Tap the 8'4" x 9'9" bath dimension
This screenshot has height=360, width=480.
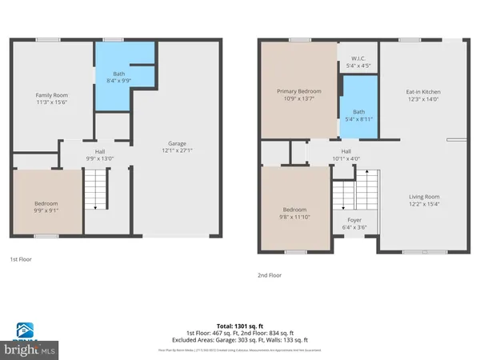click(112, 78)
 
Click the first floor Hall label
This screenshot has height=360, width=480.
click(100, 150)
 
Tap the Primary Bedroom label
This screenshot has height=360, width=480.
click(298, 91)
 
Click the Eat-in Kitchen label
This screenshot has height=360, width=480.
click(423, 91)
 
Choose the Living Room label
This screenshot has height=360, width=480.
click(424, 196)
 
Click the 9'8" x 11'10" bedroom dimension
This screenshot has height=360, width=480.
click(294, 214)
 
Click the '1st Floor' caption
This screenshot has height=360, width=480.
click(21, 260)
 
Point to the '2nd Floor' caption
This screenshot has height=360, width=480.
click(270, 274)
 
